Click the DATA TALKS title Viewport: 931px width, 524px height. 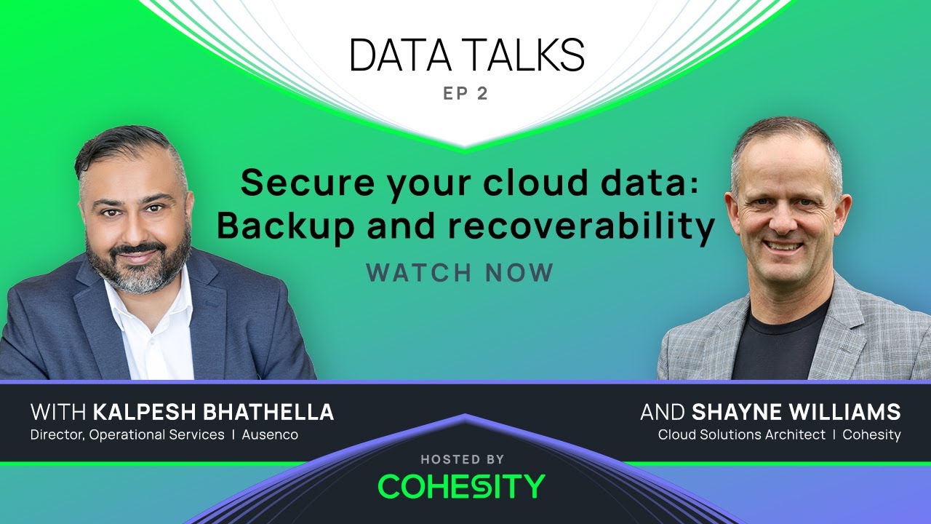[x=466, y=55]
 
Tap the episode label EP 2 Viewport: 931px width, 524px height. [x=465, y=95]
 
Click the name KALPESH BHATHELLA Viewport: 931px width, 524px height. [x=213, y=413]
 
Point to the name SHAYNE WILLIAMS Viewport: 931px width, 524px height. [x=796, y=413]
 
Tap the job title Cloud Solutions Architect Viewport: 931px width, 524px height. [x=741, y=435]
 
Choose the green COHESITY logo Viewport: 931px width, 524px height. [x=462, y=486]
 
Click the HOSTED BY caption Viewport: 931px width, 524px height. [x=462, y=459]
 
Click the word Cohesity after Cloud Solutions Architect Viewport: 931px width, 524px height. [x=871, y=435]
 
